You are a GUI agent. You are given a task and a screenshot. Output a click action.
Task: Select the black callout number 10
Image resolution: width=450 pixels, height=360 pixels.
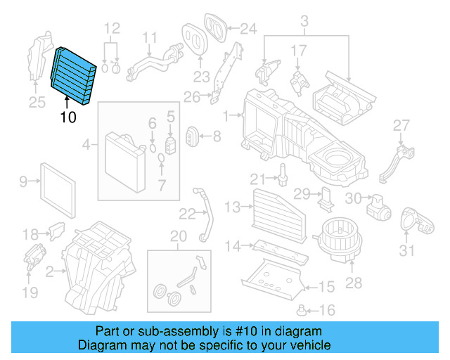tap(67, 117)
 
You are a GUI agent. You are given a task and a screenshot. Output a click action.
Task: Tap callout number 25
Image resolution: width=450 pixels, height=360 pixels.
tap(37, 103)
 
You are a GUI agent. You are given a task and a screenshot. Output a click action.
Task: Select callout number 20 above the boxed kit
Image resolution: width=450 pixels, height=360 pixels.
tap(179, 236)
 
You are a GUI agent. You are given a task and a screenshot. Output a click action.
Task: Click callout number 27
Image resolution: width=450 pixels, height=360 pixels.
tap(401, 125)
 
